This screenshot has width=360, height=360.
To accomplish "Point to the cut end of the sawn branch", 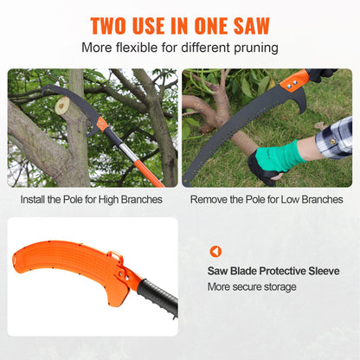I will pyautogui.click(x=61, y=106).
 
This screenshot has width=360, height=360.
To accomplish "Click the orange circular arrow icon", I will pyautogui.click(x=215, y=251).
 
